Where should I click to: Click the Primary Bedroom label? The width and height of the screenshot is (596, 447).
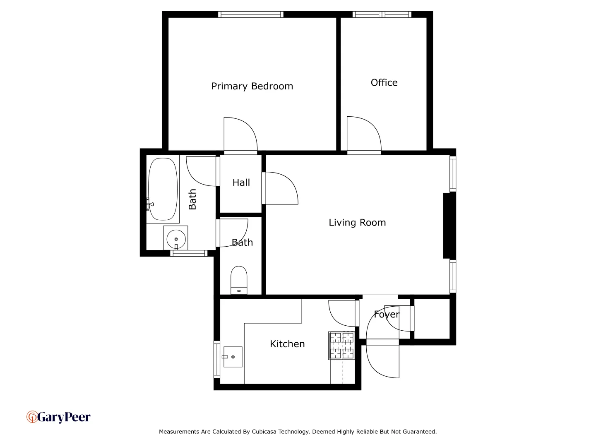pyautogui.click(x=252, y=86)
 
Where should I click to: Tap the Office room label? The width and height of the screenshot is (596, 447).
pyautogui.click(x=384, y=83)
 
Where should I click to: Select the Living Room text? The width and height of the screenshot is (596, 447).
pyautogui.click(x=357, y=223)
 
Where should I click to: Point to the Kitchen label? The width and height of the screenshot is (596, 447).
pyautogui.click(x=287, y=344)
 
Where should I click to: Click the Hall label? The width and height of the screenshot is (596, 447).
pyautogui.click(x=241, y=183)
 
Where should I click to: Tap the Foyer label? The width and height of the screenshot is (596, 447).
pyautogui.click(x=387, y=315)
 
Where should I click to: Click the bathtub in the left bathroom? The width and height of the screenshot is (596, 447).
pyautogui.click(x=163, y=189)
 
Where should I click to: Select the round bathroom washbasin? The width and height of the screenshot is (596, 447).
pyautogui.click(x=176, y=239)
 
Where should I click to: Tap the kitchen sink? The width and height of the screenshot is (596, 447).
pyautogui.click(x=233, y=357)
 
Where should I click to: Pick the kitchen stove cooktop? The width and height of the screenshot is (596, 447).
pyautogui.click(x=342, y=345)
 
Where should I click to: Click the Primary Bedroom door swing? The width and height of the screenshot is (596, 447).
pyautogui.click(x=240, y=135)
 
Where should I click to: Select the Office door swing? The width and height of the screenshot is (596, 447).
pyautogui.click(x=363, y=135)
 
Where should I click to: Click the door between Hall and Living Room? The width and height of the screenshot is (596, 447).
pyautogui.click(x=281, y=188)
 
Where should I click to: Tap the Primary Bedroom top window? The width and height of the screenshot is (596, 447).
pyautogui.click(x=251, y=14)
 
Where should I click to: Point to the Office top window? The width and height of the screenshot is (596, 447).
pyautogui.click(x=382, y=14)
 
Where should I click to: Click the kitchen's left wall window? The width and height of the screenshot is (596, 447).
pyautogui.click(x=216, y=359)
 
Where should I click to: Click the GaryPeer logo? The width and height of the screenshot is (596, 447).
pyautogui.click(x=58, y=417)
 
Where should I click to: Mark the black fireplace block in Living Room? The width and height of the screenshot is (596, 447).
pyautogui.click(x=449, y=226)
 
